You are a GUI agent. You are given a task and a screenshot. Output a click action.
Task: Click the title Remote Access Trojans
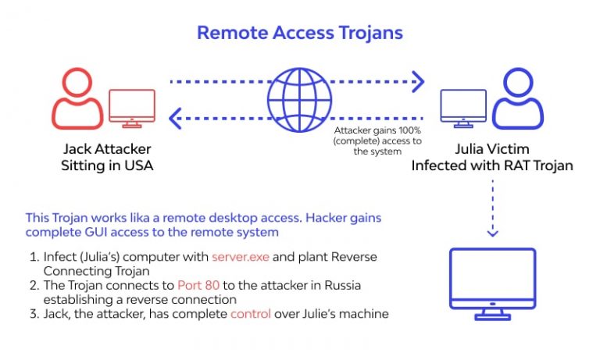coord(299,33)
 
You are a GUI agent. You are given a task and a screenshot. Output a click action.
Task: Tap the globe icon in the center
coord(299,98)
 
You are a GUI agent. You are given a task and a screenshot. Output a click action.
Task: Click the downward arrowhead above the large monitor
coord(493,232)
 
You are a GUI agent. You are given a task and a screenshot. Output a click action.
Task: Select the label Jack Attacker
coord(107,148)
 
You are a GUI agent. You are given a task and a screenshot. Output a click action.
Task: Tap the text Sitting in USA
coord(107,165)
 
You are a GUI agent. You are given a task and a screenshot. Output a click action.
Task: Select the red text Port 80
coord(198,285)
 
